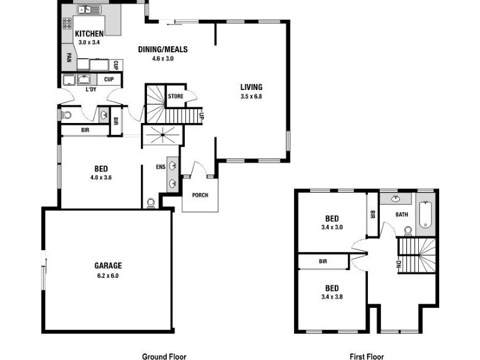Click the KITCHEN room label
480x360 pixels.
pos(89,34)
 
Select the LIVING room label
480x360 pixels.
pos(251,87)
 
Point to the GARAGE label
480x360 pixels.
pos(108,265)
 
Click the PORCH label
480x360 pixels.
pos(200,195)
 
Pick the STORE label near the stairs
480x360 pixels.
pos(176,96)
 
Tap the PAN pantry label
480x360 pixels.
pos(69,58)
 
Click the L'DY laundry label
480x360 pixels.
pos(91,89)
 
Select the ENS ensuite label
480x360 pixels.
pos(160,167)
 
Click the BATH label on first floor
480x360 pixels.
pos(402,214)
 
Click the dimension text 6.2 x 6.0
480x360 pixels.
pos(108,275)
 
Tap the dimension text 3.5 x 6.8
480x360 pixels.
pos(251,96)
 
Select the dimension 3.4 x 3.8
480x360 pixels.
pos(332,296)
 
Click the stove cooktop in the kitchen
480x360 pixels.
pos(67,24)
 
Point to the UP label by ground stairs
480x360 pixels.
pos(202,116)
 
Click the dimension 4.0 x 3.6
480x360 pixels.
pos(101,178)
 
